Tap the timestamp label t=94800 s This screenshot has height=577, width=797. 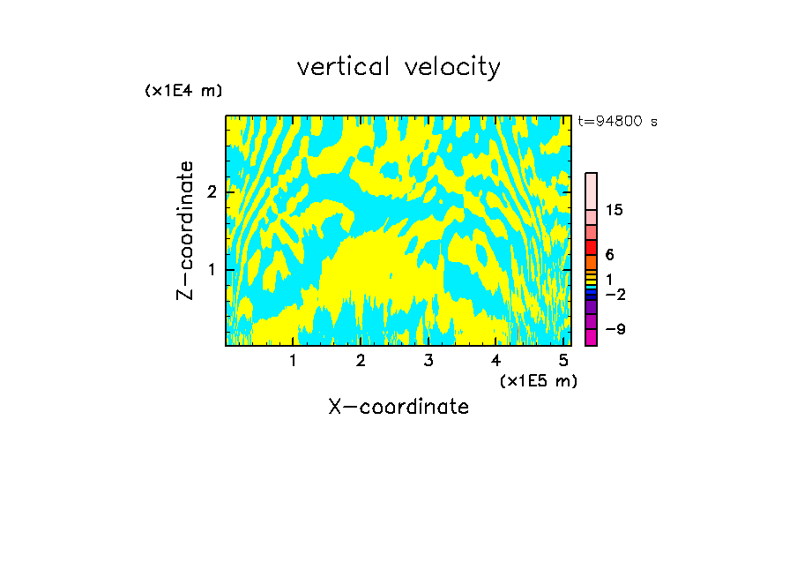[x=617, y=122]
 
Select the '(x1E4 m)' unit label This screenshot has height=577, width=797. [x=183, y=91]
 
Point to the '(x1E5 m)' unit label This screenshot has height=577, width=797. [x=538, y=380]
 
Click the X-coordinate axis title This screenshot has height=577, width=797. [x=398, y=407]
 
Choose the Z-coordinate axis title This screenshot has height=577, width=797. [x=185, y=230]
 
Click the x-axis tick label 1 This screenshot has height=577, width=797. [x=293, y=360]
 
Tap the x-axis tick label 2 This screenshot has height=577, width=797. [x=361, y=360]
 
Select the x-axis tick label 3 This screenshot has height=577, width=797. [x=428, y=360]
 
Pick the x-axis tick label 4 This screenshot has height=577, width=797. [x=496, y=360]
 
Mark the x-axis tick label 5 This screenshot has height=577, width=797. [x=563, y=360]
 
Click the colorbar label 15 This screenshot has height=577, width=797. [x=615, y=210]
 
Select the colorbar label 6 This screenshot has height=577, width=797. [x=610, y=254]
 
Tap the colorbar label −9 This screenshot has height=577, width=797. [x=615, y=329]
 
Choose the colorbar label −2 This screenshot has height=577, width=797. [x=615, y=294]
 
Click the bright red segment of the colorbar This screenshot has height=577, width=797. [x=591, y=247]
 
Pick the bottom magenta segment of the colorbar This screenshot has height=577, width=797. [x=591, y=337]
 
